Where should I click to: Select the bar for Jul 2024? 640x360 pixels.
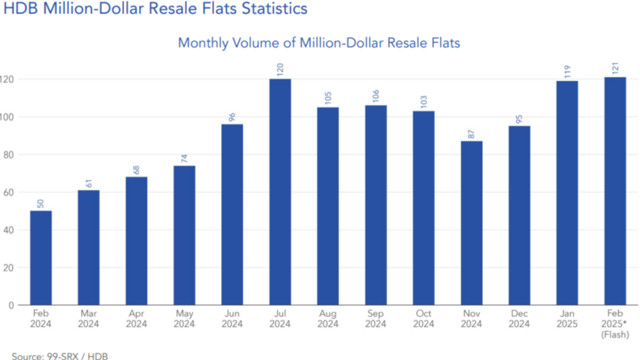280,192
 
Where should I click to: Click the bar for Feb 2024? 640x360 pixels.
41,258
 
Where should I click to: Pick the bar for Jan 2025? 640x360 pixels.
567,193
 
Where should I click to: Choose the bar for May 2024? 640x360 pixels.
184,235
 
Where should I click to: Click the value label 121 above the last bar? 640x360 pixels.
615,68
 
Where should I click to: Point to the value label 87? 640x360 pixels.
471,134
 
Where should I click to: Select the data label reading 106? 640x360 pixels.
376,96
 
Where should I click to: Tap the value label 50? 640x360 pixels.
41,204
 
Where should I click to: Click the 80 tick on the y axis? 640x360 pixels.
8,155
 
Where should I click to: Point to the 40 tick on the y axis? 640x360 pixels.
8,230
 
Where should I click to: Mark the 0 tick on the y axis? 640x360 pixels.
11,305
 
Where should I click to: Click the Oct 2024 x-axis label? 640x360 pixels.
423,319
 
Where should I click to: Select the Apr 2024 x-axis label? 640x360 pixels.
136,319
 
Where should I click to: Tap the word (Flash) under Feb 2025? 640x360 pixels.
615,335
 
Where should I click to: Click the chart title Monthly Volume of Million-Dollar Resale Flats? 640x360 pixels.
319,43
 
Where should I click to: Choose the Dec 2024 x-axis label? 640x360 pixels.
519,319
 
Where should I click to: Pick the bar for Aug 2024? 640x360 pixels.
328,206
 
